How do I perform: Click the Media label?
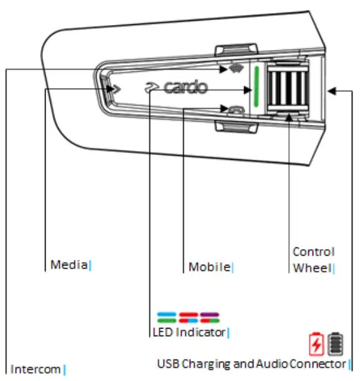click(x=69, y=265)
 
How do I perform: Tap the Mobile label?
click(x=210, y=267)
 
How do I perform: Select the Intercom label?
click(x=36, y=369)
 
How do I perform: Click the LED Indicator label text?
click(x=189, y=332)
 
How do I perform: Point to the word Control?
click(x=314, y=252)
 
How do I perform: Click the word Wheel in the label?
click(x=313, y=268)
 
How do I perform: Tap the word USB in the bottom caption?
click(x=168, y=364)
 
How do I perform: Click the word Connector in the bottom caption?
click(x=318, y=364)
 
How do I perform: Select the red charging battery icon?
click(x=316, y=344)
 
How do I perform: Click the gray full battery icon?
click(x=335, y=344)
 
